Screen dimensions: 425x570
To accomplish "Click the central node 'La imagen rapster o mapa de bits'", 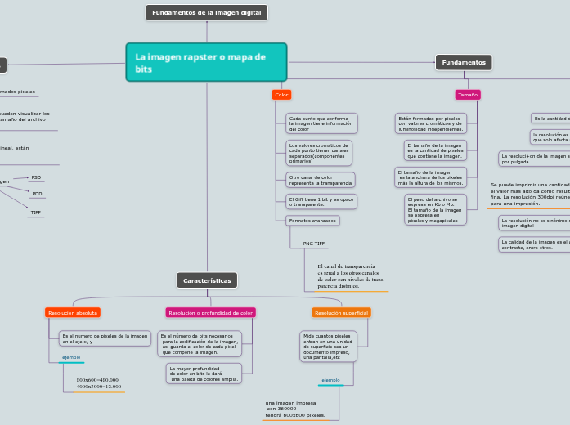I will click(206, 62).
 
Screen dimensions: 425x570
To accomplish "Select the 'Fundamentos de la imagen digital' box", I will click(206, 12).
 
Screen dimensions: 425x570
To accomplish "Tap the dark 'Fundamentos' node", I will click(464, 62).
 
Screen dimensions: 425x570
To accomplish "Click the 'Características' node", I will click(207, 280).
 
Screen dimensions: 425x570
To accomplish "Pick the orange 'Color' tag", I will click(281, 95).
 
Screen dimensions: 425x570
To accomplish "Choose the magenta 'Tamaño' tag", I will click(468, 95).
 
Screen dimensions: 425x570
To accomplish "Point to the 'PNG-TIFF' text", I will click(314, 244).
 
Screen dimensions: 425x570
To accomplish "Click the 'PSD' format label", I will click(36, 177).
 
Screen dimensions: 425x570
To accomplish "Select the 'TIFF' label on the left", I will click(36, 212).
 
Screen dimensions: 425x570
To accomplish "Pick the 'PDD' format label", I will click(37, 194).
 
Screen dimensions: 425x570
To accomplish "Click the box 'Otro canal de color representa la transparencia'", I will click(321, 180).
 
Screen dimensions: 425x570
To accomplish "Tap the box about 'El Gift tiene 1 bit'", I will click(321, 201).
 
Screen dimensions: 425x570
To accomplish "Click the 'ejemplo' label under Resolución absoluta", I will click(72, 358).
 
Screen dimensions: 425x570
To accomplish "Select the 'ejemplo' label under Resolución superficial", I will click(330, 380).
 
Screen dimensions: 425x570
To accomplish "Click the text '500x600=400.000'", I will click(97, 380).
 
